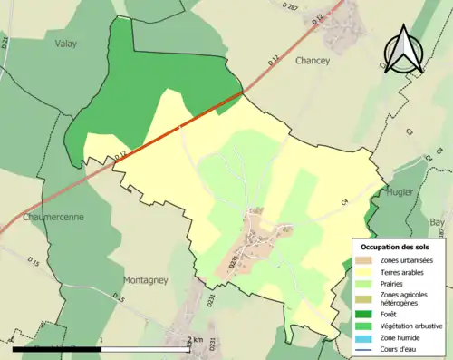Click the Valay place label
click(x=65, y=43)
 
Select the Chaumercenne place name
click(x=43, y=218)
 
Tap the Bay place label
click(x=437, y=221)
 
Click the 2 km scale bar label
click(x=194, y=340)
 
